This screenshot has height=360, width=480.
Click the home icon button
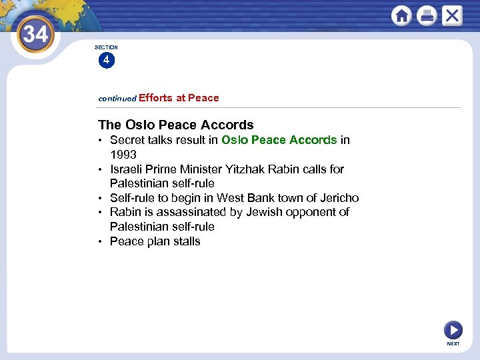[401, 15]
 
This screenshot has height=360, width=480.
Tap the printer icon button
[427, 15]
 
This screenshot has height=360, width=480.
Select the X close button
[452, 15]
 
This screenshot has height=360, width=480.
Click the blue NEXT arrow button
[453, 329]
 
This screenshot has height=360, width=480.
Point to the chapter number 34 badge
[35, 33]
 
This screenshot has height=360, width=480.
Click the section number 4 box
[105, 60]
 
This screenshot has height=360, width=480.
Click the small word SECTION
[106, 47]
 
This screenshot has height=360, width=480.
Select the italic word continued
[117, 99]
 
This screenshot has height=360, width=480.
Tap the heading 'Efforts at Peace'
[179, 98]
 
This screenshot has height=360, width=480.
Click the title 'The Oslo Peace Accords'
[176, 125]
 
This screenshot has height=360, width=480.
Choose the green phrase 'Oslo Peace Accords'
[279, 140]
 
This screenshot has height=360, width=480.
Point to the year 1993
[123, 154]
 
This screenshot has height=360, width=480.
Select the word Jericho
[339, 198]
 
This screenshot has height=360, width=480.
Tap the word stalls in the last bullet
[187, 241]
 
